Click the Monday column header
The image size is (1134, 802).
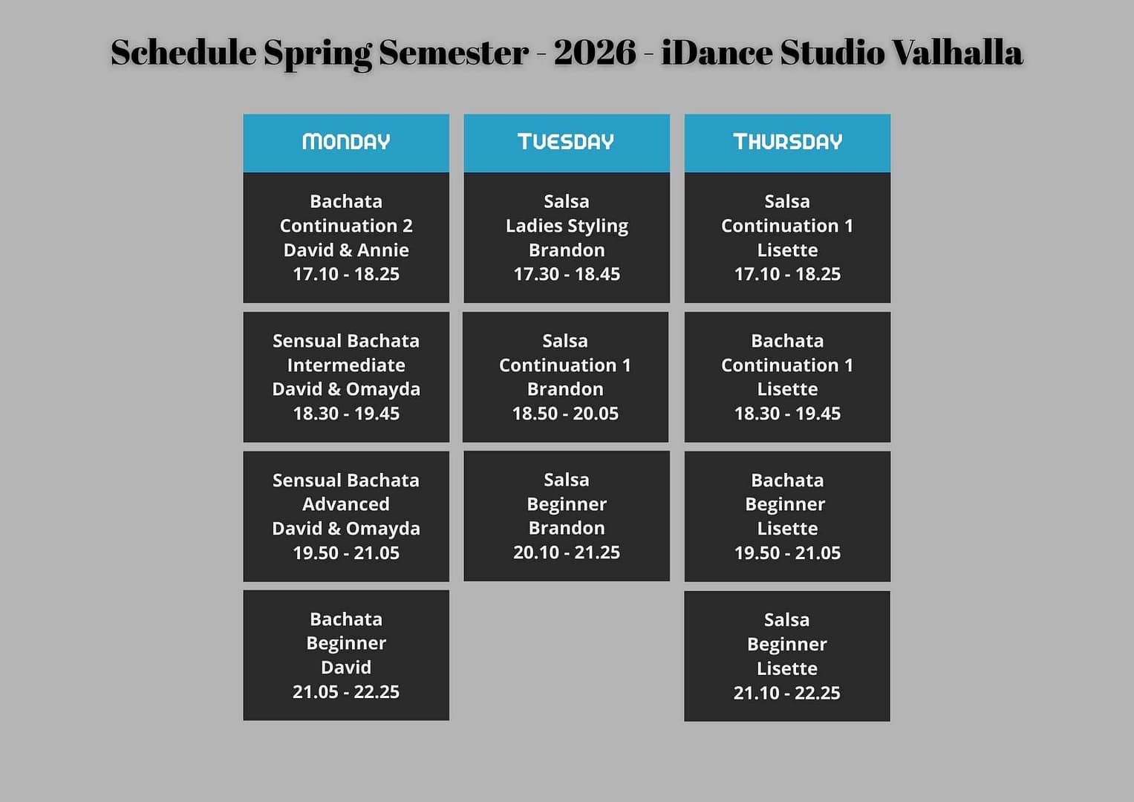point(346,142)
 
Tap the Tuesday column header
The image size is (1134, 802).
point(566,142)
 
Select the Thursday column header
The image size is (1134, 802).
point(787,142)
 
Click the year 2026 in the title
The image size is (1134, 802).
point(595,52)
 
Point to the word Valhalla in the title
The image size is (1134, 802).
point(957,52)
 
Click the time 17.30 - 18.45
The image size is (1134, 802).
point(567,274)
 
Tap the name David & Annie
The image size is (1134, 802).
point(346,250)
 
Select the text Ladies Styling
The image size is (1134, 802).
point(567,226)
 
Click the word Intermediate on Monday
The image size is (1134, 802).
point(346,365)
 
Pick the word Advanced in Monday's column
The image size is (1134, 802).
point(346,503)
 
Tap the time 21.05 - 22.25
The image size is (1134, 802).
point(346,691)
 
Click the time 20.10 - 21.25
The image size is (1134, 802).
point(567,552)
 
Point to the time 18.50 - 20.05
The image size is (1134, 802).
point(565,413)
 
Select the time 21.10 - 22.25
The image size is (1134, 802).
point(786,693)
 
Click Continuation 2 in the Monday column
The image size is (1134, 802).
point(346,226)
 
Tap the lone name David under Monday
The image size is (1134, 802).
point(346,668)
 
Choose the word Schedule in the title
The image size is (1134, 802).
point(183,52)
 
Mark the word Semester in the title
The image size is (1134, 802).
point(454,52)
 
